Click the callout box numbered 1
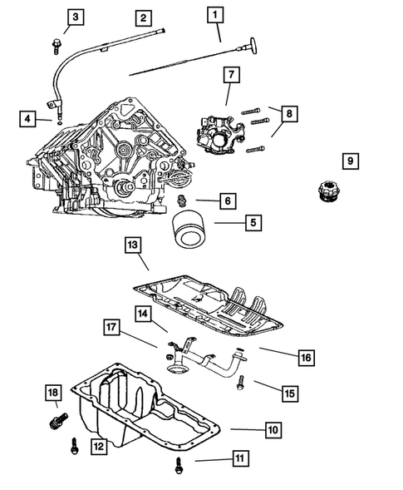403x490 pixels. pyautogui.click(x=216, y=14)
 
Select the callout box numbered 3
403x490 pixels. pyautogui.click(x=76, y=17)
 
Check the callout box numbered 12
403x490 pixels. pyautogui.click(x=99, y=446)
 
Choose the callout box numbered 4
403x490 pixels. pyautogui.click(x=28, y=120)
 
